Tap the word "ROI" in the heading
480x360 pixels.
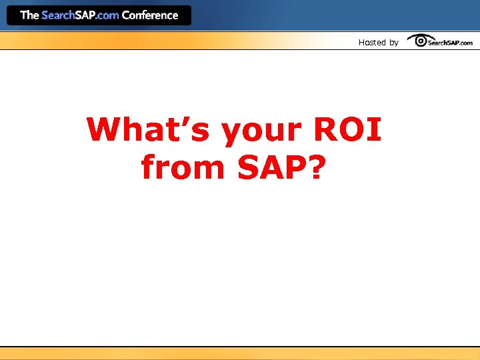347,130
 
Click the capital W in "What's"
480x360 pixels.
105,130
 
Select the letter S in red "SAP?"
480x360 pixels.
249,167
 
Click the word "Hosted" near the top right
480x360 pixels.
372,43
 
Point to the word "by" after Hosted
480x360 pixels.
394,43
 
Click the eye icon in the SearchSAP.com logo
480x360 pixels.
421,41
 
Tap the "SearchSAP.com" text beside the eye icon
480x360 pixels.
451,43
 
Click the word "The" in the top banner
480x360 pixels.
29,15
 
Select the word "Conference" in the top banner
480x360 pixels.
150,15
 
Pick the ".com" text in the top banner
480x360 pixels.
107,15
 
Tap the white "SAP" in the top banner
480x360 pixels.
85,15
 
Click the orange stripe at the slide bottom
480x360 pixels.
240,353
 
